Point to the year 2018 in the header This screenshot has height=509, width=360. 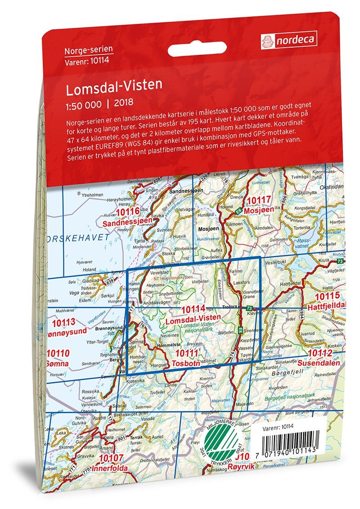tap(124, 102)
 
